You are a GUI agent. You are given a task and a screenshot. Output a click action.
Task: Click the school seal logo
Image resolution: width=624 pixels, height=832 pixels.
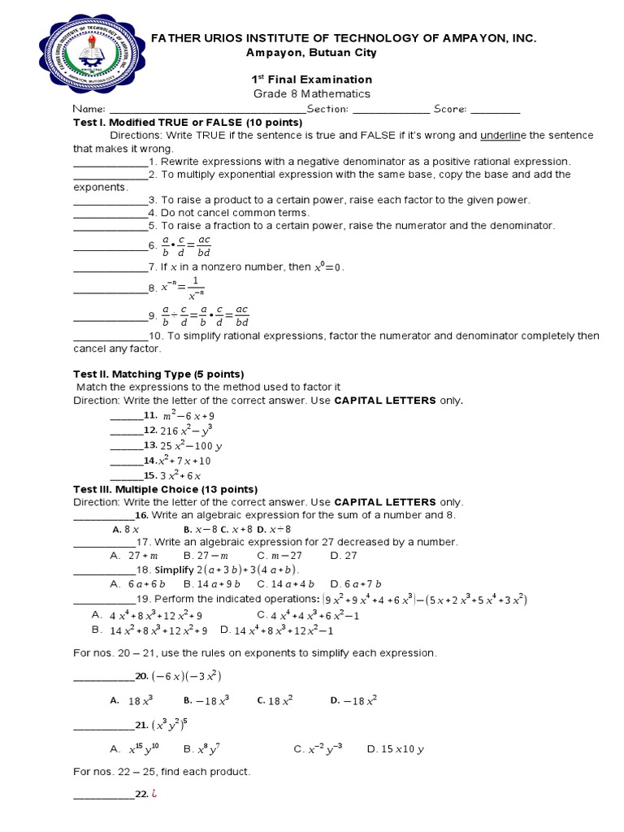pyautogui.click(x=90, y=56)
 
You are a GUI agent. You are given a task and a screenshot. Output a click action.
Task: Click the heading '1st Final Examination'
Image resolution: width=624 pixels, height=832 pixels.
pyautogui.click(x=310, y=79)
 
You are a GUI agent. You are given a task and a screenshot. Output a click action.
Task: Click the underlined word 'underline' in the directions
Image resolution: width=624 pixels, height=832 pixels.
pyautogui.click(x=504, y=135)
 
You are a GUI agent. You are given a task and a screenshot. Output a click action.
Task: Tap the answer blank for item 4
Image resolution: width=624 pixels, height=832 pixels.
pyautogui.click(x=110, y=213)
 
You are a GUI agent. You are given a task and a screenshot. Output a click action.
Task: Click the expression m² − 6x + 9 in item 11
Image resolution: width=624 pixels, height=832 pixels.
pyautogui.click(x=188, y=415)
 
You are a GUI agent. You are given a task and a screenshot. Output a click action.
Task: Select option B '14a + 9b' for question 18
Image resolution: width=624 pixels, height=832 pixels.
pyautogui.click(x=209, y=583)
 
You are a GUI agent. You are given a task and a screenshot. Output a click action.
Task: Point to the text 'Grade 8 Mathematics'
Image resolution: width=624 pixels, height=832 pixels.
pyautogui.click(x=310, y=93)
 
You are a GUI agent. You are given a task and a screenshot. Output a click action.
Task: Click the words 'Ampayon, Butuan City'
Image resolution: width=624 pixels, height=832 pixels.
pyautogui.click(x=310, y=53)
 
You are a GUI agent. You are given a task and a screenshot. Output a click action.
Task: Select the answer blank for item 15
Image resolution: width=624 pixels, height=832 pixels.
pyautogui.click(x=126, y=475)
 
